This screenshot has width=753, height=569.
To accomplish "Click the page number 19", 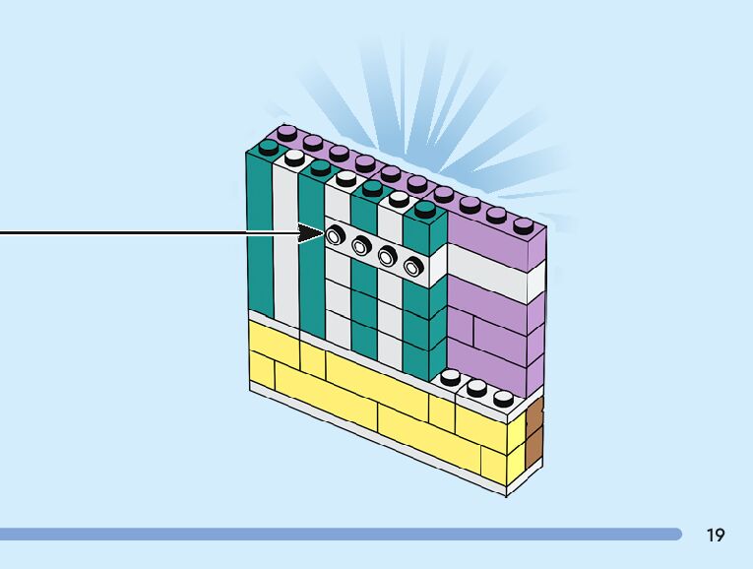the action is pos(716,535).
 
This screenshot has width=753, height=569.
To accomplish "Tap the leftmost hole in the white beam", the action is pos(337,235).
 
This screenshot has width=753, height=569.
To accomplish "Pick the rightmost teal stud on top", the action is pos(424,208).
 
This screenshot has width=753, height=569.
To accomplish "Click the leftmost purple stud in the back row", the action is pos(286,132).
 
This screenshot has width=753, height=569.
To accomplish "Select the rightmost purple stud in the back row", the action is pos(523,224).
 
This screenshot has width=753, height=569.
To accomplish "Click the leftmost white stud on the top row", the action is pos(293,157).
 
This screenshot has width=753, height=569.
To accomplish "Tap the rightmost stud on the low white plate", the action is pos(503,399).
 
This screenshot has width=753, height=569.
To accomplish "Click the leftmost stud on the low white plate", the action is pos(450,376).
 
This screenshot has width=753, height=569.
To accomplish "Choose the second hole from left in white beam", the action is pos(361,245).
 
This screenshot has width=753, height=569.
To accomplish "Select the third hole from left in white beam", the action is pos(387,255).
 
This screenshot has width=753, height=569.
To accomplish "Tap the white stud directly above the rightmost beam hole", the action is pos(398,198).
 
